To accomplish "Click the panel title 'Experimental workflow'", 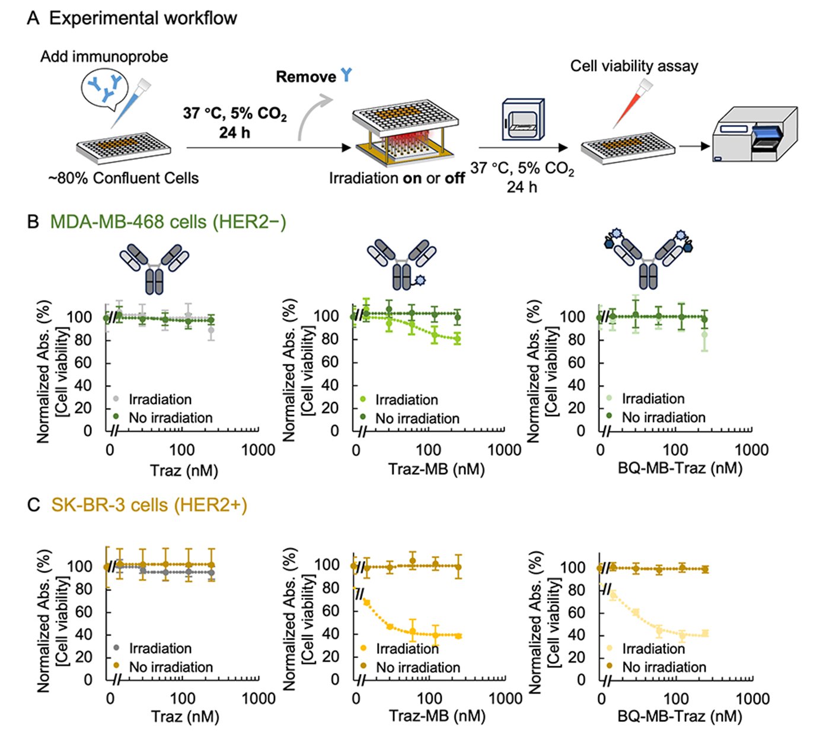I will (142, 18).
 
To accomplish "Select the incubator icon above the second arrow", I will (522, 120).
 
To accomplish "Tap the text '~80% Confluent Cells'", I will (123, 178).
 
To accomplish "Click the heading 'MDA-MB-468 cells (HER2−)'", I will (168, 222).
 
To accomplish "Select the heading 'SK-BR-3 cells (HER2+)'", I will (149, 505).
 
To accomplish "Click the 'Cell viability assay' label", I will (634, 66).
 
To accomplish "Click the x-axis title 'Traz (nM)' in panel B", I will (184, 471).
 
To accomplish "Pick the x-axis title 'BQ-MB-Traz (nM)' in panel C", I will (679, 716).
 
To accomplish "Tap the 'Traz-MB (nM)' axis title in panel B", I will (436, 469).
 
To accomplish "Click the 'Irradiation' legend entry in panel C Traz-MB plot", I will (407, 649).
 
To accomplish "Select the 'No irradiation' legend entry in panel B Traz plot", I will (170, 418).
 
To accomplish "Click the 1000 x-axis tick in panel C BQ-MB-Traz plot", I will (752, 699).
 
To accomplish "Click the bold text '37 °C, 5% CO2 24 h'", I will (234, 123).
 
